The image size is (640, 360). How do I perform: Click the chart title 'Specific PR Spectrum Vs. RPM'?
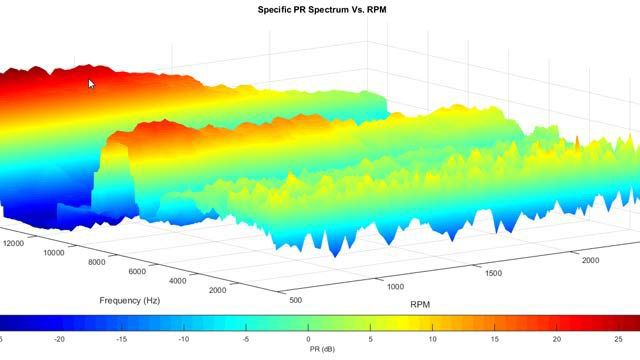tap(319, 8)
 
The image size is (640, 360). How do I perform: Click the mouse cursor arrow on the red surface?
tap(91, 85)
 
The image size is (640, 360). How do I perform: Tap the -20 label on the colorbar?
tap(60, 339)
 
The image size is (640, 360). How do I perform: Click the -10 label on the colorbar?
tap(185, 339)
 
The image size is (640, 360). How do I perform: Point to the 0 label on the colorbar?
tap(308, 339)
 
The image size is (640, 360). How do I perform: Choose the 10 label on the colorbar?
tap(432, 339)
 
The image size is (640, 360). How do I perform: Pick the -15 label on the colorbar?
tap(122, 339)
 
